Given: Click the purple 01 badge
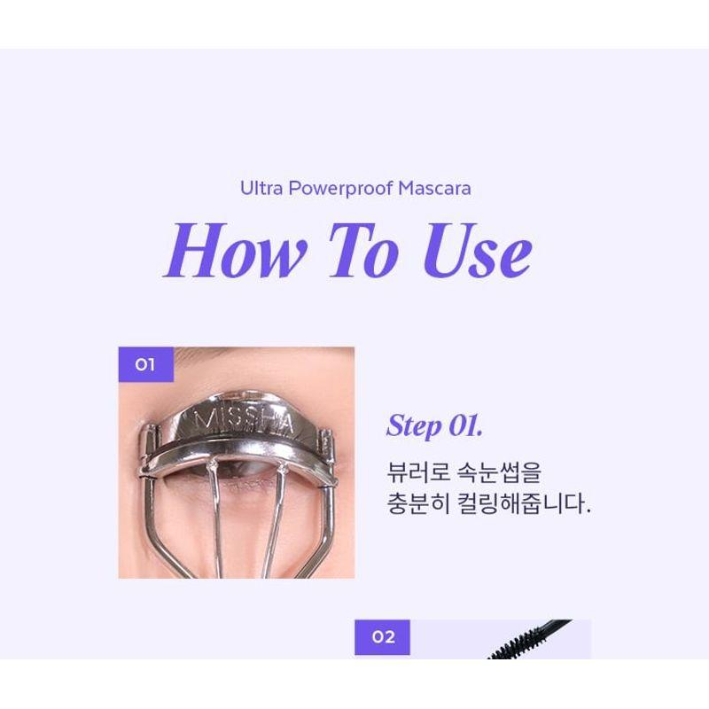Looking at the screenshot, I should pyautogui.click(x=145, y=364).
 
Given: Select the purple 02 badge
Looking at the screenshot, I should pyautogui.click(x=382, y=637).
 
